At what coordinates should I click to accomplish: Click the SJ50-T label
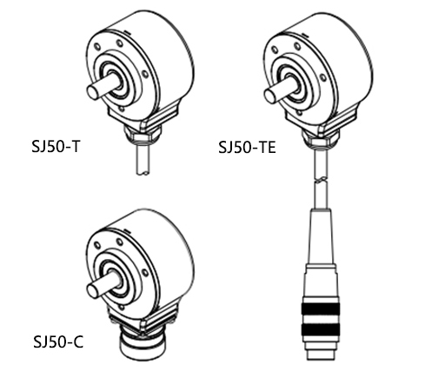tap(56, 146)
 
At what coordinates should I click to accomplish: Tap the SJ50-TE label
tap(247, 147)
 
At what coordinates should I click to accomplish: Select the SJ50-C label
tap(58, 342)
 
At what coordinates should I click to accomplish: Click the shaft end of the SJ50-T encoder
tap(93, 92)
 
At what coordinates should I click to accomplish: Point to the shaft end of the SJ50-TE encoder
tap(270, 96)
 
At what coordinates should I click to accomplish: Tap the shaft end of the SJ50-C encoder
tap(93, 291)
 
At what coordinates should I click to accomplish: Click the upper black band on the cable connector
tap(321, 308)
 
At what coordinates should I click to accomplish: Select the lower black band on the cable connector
tap(321, 329)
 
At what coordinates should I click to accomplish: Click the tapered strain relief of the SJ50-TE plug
tap(321, 236)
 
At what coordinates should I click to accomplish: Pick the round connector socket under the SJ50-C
tap(143, 346)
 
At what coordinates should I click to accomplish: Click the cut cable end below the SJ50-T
tap(143, 173)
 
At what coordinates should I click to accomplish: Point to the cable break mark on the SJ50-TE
tap(321, 181)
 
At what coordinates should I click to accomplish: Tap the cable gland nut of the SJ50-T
tap(142, 136)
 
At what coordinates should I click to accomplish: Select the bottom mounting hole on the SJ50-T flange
tap(122, 109)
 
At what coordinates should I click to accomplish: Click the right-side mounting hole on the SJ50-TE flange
tap(322, 77)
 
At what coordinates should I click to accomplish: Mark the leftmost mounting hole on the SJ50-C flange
tap(97, 246)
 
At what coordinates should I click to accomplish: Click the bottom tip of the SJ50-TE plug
tap(321, 360)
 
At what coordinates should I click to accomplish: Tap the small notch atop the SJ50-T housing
tap(128, 31)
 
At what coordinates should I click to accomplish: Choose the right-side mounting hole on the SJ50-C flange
tap(145, 273)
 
